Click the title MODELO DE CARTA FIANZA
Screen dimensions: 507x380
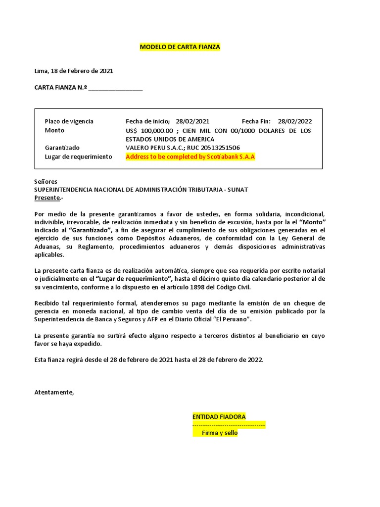[x=180, y=47]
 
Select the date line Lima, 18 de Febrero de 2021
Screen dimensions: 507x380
[x=74, y=71]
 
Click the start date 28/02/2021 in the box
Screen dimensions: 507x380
[x=192, y=121]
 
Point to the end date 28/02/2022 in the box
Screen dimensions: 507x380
[x=295, y=121]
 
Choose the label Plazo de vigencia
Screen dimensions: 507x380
[x=69, y=121]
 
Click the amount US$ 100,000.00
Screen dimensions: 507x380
[x=149, y=131]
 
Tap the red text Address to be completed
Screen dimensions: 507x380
[x=190, y=157]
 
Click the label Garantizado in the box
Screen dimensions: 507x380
[x=62, y=148]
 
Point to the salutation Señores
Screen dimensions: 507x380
[x=46, y=182]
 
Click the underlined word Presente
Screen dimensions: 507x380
[x=47, y=198]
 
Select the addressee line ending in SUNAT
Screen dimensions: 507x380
[x=141, y=190]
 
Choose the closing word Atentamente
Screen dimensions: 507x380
[x=54, y=393]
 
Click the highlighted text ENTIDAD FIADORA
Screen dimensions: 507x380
[x=219, y=417]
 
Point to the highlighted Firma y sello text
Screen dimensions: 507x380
[x=216, y=433]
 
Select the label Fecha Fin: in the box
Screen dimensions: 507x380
[x=256, y=121]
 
